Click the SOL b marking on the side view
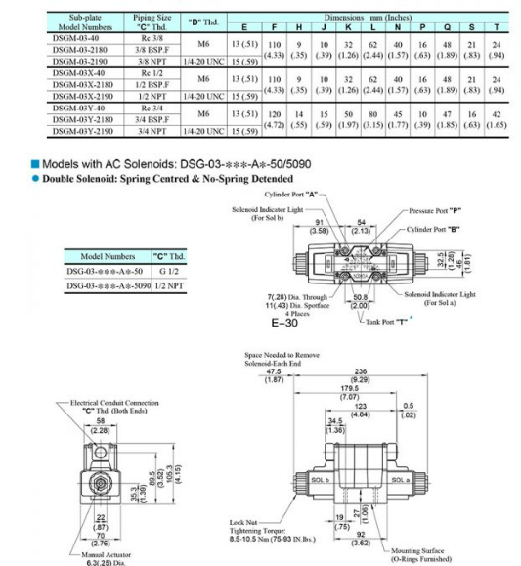(x=317, y=480)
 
